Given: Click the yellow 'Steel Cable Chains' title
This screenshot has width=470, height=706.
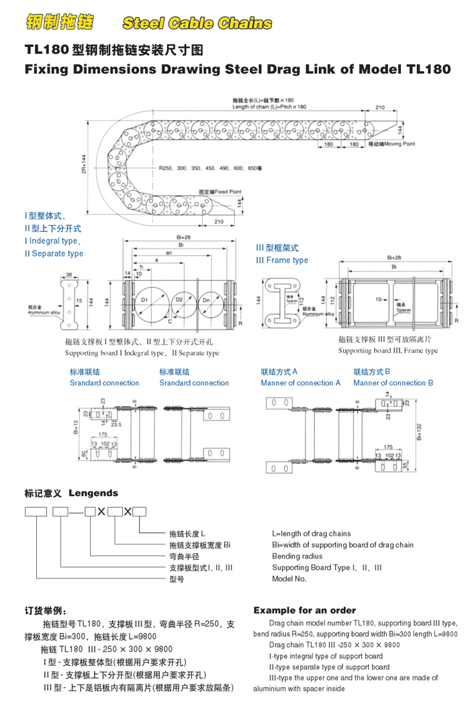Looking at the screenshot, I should pyautogui.click(x=197, y=23).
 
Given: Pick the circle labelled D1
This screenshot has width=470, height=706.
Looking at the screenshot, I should pyautogui.click(x=146, y=297).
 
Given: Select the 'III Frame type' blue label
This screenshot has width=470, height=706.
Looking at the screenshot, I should pyautogui.click(x=282, y=260).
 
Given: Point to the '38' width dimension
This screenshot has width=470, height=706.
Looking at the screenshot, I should pyautogui.click(x=69, y=274).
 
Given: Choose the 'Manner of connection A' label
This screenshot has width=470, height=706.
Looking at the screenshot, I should pyautogui.click(x=300, y=383).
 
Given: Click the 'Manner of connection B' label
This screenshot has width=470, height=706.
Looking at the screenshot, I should pyautogui.click(x=393, y=383).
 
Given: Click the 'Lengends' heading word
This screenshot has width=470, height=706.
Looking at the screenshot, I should pyautogui.click(x=93, y=493).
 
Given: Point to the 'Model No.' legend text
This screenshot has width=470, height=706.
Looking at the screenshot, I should pyautogui.click(x=289, y=579).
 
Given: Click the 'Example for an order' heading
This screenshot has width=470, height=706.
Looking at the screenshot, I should pyautogui.click(x=304, y=611).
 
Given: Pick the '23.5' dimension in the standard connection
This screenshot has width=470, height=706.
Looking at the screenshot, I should pyautogui.click(x=115, y=424).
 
